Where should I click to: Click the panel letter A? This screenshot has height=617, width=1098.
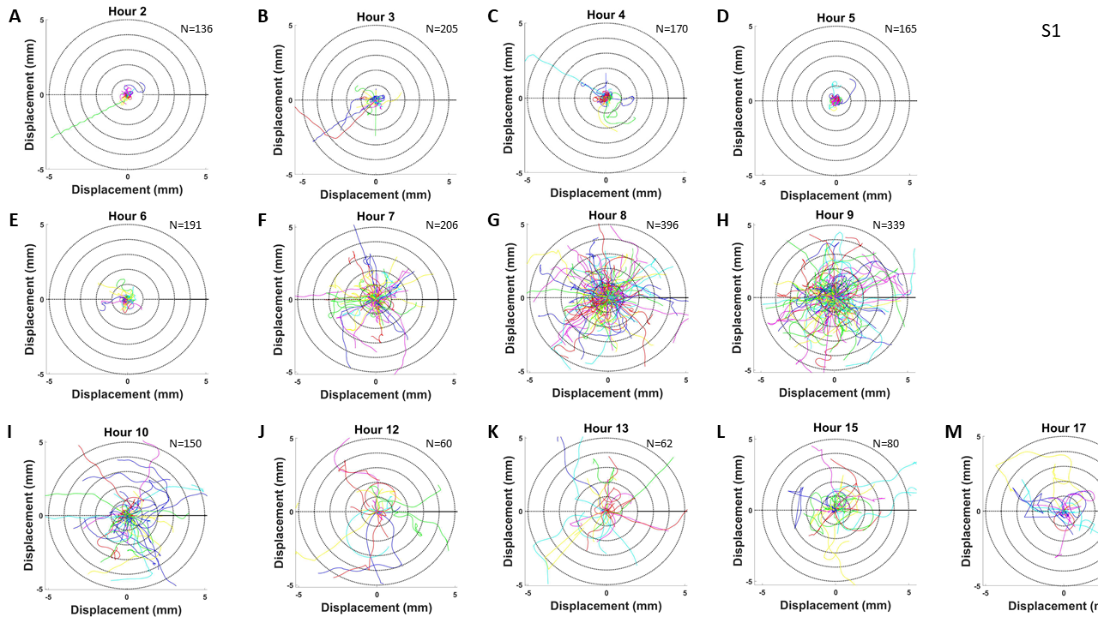[x=15, y=15]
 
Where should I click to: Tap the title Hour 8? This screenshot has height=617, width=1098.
[x=607, y=215]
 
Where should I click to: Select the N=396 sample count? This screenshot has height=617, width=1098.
[x=663, y=225]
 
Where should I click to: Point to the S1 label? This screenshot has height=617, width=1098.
[x=1051, y=31]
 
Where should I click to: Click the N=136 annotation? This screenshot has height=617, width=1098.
[x=196, y=28]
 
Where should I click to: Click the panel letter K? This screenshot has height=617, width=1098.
[x=493, y=434]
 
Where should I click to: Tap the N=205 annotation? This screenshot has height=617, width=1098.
[x=442, y=28]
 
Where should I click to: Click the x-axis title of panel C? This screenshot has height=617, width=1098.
[x=606, y=193]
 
